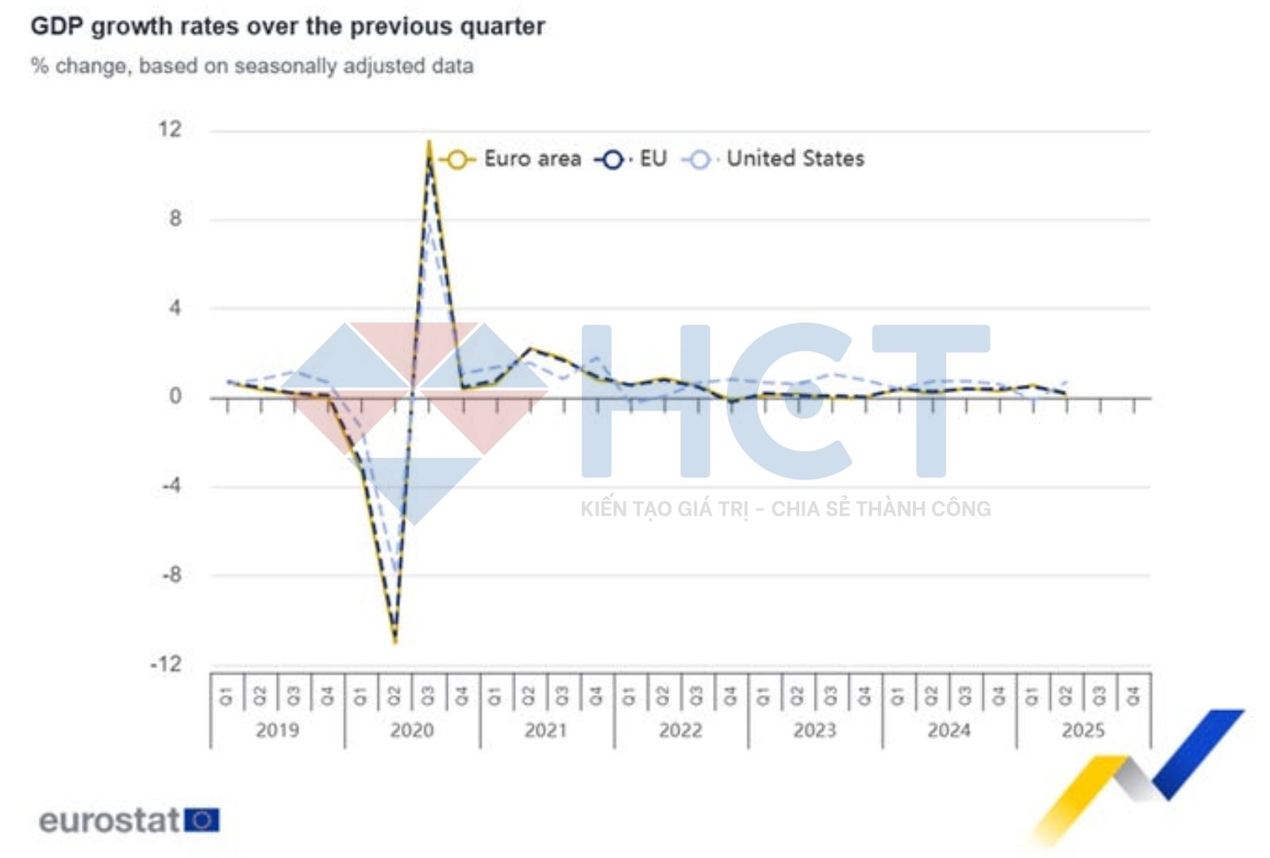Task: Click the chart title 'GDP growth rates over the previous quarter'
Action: pos(287,26)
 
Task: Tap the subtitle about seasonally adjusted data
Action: pos(252,66)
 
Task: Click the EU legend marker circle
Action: pos(612,160)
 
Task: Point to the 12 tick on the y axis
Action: pos(170,129)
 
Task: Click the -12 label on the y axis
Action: pos(166,664)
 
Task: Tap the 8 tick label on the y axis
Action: pos(175,218)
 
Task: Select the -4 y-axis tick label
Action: pos(170,485)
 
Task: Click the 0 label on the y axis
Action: pos(175,396)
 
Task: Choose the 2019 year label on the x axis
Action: pos(277,730)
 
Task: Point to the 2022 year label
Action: pos(680,730)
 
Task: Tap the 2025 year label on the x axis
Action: pos(1083,730)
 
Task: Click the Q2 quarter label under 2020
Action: pos(394,696)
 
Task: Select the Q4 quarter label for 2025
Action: pos(1133,696)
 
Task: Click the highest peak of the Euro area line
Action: pos(429,142)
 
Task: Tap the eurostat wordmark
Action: pos(110,821)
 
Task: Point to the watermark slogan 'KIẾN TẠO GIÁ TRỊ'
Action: pos(664,509)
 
